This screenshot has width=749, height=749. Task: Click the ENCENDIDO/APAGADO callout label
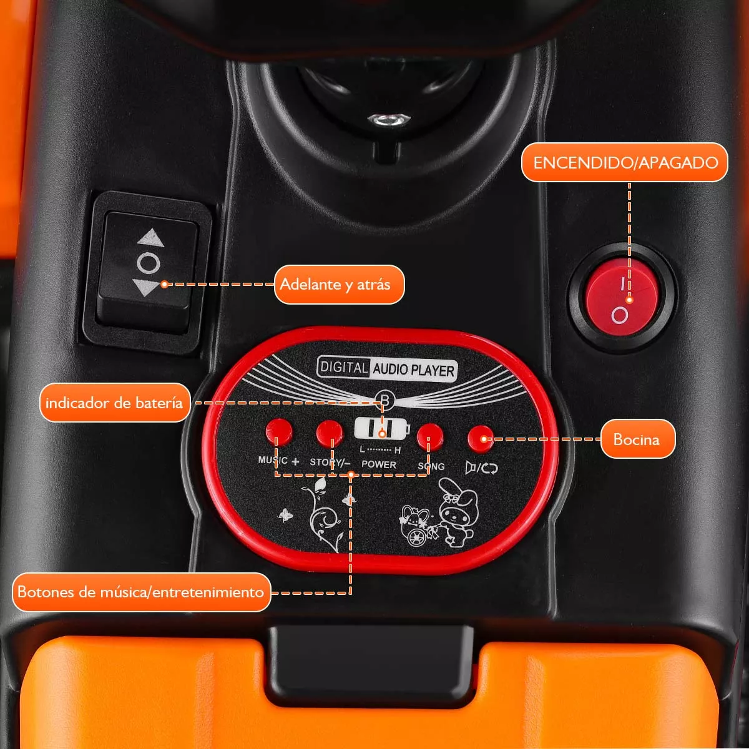(625, 163)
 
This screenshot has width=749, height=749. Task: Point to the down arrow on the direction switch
(149, 288)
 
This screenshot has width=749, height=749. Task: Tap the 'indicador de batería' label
(114, 403)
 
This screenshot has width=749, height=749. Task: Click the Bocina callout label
(637, 439)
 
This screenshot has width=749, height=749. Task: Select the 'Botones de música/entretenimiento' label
(141, 592)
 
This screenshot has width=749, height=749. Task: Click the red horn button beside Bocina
(481, 438)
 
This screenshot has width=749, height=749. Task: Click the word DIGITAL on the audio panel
(343, 366)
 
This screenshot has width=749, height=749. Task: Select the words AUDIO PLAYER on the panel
(413, 370)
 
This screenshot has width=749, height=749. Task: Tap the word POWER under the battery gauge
(379, 464)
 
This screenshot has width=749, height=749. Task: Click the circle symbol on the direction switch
(149, 263)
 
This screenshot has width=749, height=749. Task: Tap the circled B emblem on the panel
(384, 400)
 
